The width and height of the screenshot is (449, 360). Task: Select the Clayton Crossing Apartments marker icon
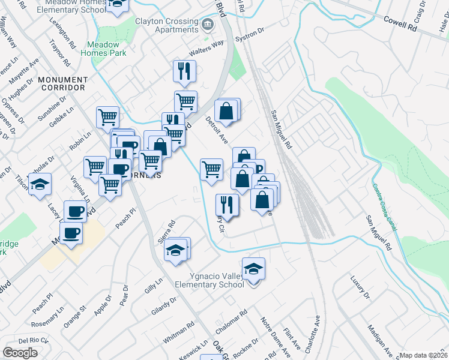pos(208,25)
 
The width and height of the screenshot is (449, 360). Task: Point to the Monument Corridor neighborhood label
pos(62,83)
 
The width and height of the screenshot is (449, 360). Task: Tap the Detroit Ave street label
pos(217,130)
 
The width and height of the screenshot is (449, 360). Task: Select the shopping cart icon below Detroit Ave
pos(211,170)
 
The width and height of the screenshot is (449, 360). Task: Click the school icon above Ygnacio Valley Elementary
pos(254,268)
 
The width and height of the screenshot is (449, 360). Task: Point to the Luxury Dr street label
pos(361,287)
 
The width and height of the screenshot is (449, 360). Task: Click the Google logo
pos(20,353)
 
